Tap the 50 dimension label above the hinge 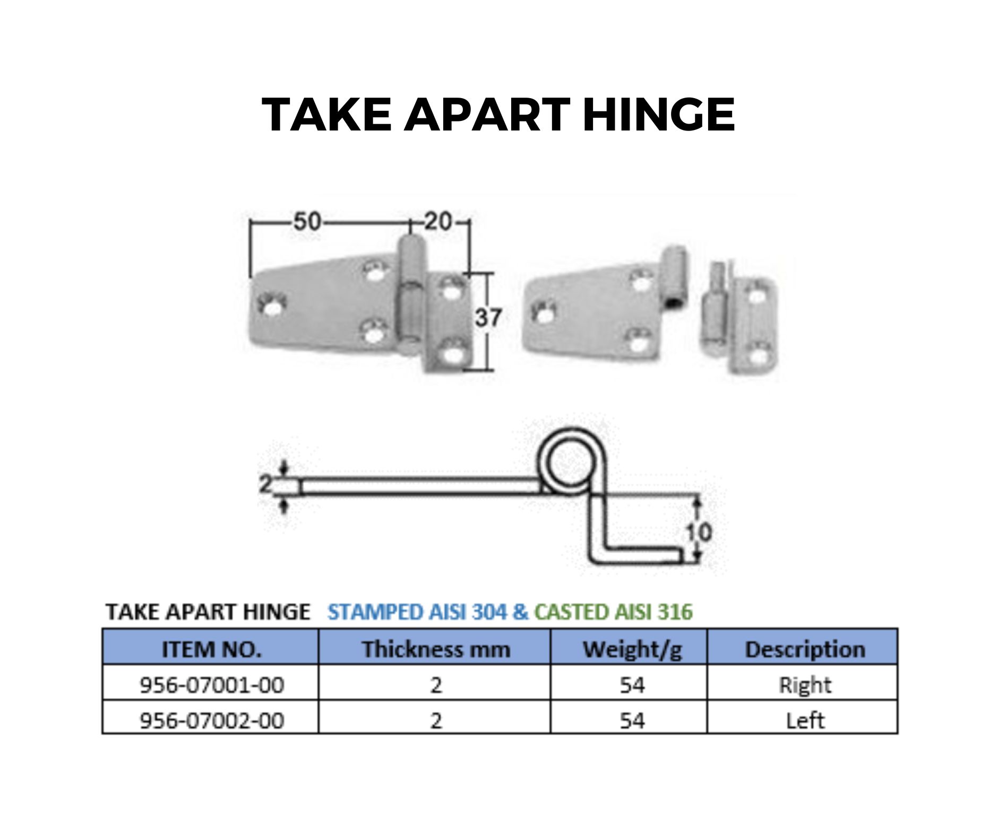click(307, 222)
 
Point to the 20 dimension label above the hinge click(438, 222)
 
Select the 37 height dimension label click(488, 318)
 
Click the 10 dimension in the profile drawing click(698, 532)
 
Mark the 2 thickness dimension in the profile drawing click(265, 484)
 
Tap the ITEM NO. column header click(211, 649)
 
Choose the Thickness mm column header click(435, 649)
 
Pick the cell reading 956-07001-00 click(211, 685)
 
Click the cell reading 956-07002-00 click(211, 720)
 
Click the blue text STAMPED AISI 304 click(417, 612)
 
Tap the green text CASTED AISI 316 click(613, 612)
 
